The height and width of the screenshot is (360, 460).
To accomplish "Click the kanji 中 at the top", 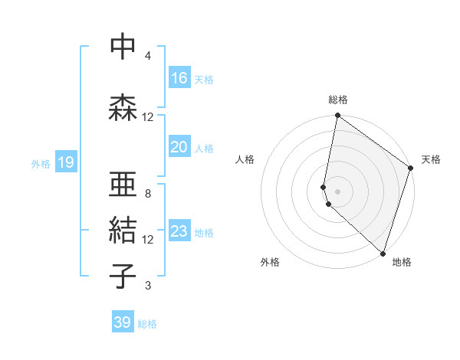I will point(123,48).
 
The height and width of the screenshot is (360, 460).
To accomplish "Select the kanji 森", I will point(123,108).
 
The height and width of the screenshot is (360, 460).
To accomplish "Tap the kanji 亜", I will point(123,185).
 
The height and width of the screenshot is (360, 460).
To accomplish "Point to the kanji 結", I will point(123,231).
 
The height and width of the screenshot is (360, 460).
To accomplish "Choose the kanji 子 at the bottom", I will point(123,277).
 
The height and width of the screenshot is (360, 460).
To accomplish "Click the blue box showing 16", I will point(179,78).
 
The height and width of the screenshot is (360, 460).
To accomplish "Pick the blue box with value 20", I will point(179,147).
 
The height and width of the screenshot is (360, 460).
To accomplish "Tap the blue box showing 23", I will point(179,231).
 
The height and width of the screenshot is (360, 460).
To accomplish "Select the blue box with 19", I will point(65,162).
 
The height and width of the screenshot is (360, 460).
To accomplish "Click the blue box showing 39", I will point(123,322).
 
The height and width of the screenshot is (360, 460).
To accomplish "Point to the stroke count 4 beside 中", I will point(148,56).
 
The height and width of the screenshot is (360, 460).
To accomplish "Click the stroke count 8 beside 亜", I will point(148,194).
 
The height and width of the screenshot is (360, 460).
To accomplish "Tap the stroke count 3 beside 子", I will point(148,286).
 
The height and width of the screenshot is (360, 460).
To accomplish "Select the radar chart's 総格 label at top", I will point(338,100).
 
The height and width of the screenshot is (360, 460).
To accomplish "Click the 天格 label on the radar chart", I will point(431,159).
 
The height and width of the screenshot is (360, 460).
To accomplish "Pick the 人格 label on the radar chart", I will point(245,159).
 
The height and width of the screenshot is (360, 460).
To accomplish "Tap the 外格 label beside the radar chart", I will point(270,262).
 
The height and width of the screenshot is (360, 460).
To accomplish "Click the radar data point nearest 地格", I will point(382,254).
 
